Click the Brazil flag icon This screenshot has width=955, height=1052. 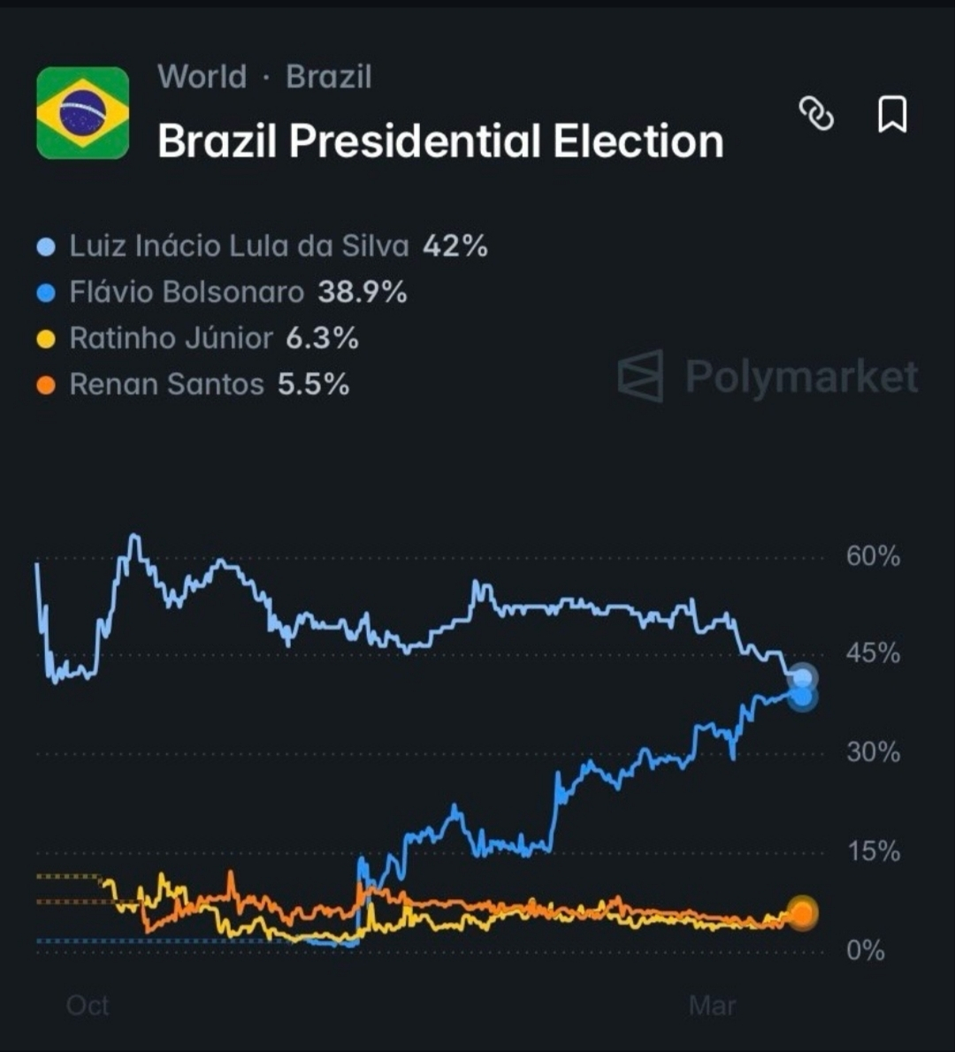82,113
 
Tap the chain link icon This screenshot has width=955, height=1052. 816,114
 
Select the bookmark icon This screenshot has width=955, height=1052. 891,114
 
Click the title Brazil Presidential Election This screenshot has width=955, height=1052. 440,141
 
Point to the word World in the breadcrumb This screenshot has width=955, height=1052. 202,77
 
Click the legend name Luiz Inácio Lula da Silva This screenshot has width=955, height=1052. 239,246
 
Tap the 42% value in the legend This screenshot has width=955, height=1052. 455,246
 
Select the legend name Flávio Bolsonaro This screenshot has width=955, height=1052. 187,292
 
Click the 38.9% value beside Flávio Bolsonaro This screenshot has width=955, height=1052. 363,292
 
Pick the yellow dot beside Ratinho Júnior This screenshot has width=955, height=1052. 46,339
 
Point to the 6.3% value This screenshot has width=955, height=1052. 322,338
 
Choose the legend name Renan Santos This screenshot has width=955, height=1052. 166,385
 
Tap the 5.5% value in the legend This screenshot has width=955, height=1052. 313,385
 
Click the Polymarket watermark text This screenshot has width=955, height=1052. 801,377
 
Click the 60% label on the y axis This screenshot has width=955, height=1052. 873,556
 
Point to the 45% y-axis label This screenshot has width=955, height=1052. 873,653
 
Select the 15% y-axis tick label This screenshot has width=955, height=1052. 873,851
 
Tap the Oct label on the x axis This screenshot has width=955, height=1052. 88,1005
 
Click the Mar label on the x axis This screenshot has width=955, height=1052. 712,1005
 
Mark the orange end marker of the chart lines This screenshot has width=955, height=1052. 802,913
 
